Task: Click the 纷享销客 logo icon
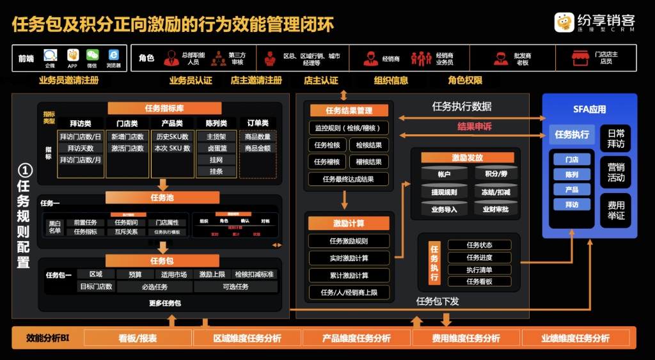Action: coord(564,22)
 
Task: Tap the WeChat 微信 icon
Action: coord(92,55)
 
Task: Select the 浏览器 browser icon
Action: coord(113,55)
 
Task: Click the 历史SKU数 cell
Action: coord(172,137)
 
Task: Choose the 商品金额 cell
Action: coord(257,148)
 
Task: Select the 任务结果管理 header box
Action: coord(349,111)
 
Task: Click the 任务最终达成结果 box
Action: coord(349,180)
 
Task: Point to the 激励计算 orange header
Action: coord(349,224)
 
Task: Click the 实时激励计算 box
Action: coord(349,258)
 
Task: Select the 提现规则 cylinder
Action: coord(444,191)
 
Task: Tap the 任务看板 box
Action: coord(479,281)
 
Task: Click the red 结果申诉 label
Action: coord(474,127)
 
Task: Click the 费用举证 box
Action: coord(616,210)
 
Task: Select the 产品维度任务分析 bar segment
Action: coord(356,338)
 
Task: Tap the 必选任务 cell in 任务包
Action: coord(155,287)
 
